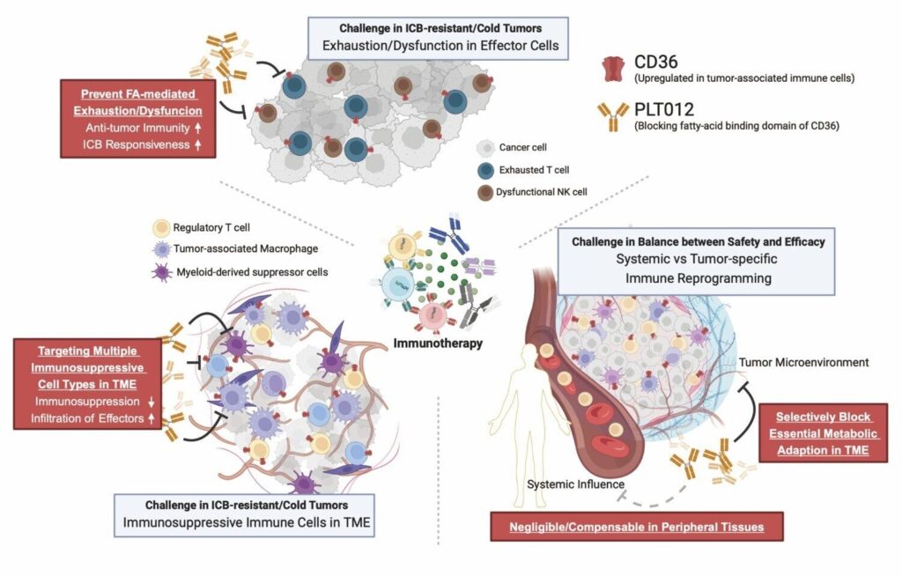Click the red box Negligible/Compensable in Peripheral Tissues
pos(637,528)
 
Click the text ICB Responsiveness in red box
pos(137,144)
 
